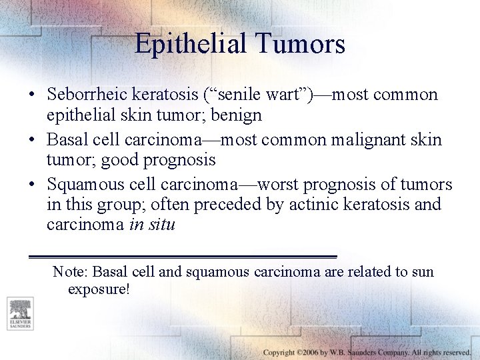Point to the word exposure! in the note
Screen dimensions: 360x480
99,290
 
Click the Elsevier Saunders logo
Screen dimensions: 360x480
19,313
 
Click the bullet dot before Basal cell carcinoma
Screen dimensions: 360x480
33,140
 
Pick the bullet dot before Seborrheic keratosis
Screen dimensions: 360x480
33,95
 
